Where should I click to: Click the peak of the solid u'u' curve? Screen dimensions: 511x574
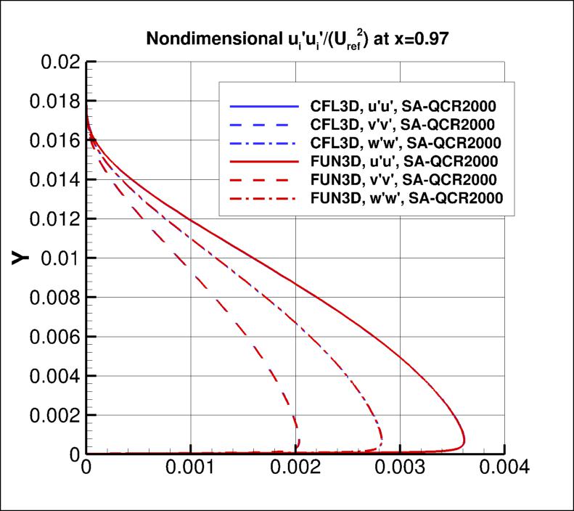pyautogui.click(x=464, y=442)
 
